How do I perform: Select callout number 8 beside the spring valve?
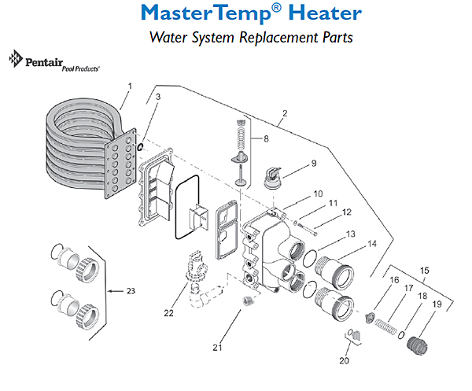click(x=266, y=139)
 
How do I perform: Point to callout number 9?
click(x=313, y=164)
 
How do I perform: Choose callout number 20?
click(x=343, y=361)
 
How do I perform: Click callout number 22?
click(x=168, y=313)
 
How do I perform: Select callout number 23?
click(x=131, y=291)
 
